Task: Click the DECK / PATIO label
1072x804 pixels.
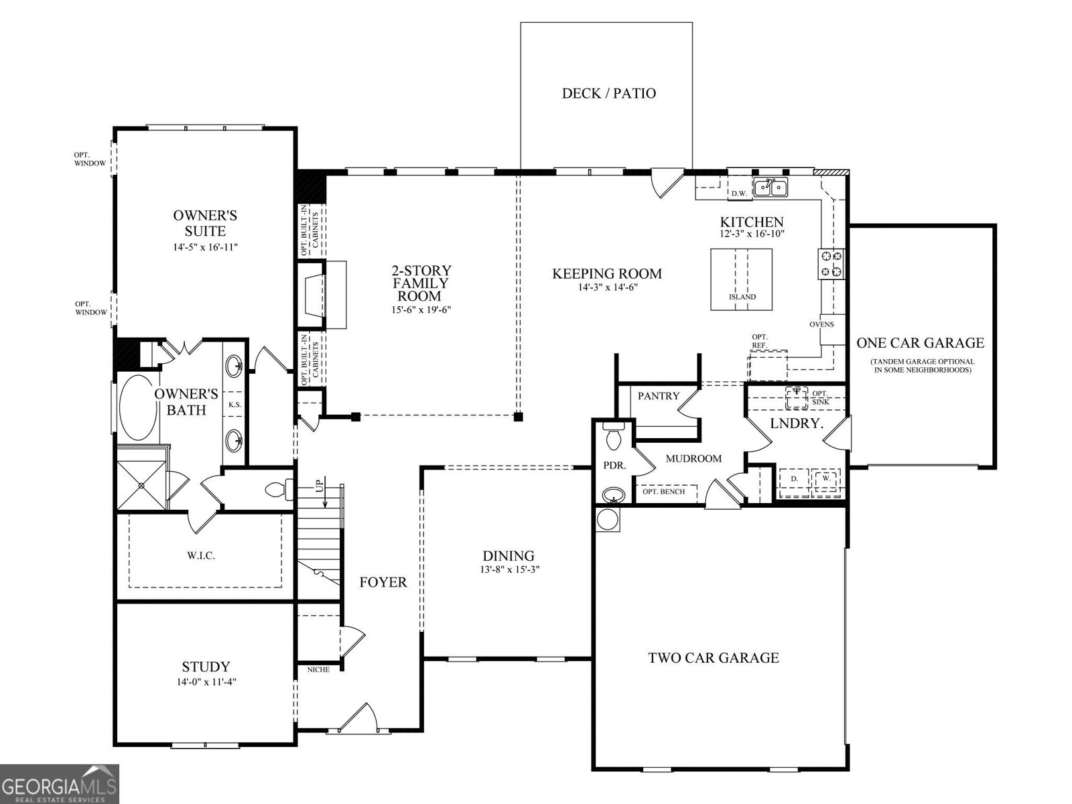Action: pyautogui.click(x=608, y=93)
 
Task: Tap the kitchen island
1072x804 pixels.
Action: pyautogui.click(x=741, y=279)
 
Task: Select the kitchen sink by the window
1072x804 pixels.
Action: pyautogui.click(x=770, y=187)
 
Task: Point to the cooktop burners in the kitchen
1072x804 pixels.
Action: pyautogui.click(x=831, y=263)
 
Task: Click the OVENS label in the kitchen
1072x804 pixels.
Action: pyautogui.click(x=821, y=324)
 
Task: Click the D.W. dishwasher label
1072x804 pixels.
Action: pyautogui.click(x=739, y=194)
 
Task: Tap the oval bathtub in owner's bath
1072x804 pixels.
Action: pyautogui.click(x=138, y=407)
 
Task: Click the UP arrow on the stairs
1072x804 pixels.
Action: pyautogui.click(x=320, y=484)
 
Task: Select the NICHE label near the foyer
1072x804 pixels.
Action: pyautogui.click(x=318, y=669)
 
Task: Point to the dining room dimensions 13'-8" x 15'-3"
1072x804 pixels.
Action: pyautogui.click(x=509, y=570)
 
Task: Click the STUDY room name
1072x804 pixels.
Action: pyautogui.click(x=206, y=667)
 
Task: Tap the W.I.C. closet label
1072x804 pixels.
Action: pyautogui.click(x=201, y=555)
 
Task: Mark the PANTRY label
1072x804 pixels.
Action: pyautogui.click(x=658, y=396)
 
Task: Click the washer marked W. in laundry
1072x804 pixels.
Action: pyautogui.click(x=826, y=479)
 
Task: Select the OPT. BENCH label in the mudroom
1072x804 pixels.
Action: pyautogui.click(x=663, y=492)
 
